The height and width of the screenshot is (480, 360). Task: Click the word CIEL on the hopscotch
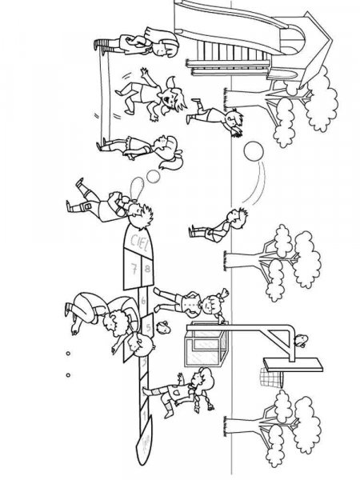coord(134,240)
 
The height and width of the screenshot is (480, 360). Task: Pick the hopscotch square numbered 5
coord(149,327)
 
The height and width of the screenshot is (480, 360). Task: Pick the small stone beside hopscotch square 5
coord(163,326)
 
